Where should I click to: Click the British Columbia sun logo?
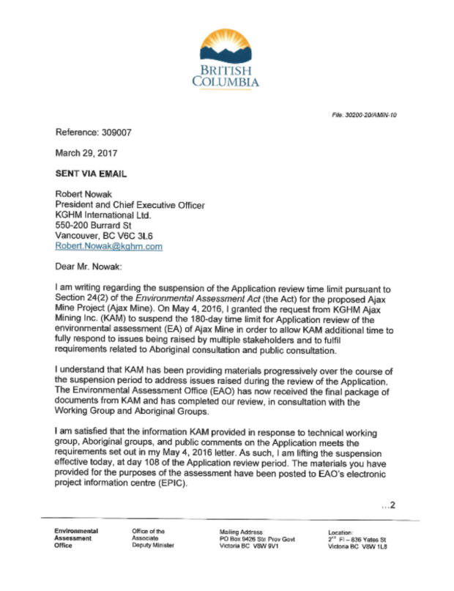click(226, 46)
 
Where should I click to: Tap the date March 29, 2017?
click(86, 153)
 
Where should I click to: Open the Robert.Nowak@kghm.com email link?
click(109, 247)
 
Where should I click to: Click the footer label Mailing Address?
click(242, 531)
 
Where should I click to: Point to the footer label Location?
click(341, 532)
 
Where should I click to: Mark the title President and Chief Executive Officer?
click(130, 206)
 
